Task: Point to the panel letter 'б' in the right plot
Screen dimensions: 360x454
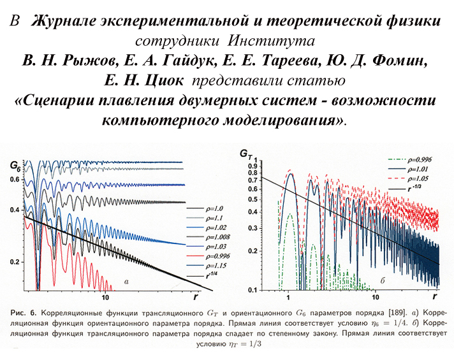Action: (x=381, y=280)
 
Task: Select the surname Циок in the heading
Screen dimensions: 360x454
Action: (x=167, y=82)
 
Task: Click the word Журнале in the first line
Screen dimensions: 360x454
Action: (x=66, y=21)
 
